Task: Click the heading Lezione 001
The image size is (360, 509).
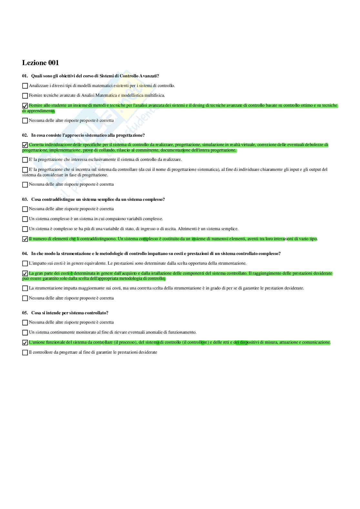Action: pos(40,63)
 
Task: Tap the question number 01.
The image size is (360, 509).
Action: pos(25,76)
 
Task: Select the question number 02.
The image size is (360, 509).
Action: pos(25,135)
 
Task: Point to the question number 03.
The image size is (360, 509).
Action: pos(25,200)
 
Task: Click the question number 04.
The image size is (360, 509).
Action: pos(25,254)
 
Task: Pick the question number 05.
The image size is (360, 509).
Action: pos(25,313)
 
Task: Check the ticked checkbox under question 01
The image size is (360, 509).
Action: pos(25,106)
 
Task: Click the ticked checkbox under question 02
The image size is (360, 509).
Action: pos(25,145)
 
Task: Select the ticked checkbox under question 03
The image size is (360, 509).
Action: pos(25,239)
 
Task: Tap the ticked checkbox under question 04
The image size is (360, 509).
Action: pos(25,274)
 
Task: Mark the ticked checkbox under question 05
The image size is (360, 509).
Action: pos(25,343)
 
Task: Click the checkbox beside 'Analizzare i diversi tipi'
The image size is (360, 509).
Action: pos(25,86)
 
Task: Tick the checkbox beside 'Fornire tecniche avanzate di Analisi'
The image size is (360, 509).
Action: pos(25,96)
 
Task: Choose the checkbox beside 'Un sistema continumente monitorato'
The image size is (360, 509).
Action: pos(25,333)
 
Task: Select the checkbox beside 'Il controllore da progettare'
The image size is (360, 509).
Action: pos(25,353)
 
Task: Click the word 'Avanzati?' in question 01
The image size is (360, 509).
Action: pos(149,76)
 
